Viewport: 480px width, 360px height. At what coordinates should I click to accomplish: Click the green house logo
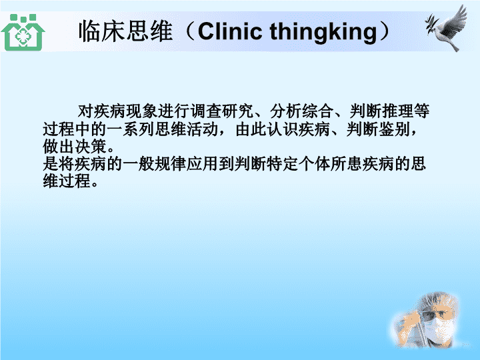click(23, 33)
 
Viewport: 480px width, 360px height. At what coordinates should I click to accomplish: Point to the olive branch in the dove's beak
click(431, 25)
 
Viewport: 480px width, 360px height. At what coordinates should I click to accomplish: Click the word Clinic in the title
click(229, 31)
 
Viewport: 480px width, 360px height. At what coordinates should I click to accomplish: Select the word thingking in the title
click(323, 33)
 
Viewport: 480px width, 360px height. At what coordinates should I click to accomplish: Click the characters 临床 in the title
click(102, 31)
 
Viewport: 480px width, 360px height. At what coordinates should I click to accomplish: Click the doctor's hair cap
click(441, 301)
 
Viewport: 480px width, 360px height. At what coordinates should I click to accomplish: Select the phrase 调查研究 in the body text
click(222, 111)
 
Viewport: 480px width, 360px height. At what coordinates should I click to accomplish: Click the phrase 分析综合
click(302, 111)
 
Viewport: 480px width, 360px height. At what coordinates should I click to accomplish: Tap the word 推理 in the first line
click(397, 111)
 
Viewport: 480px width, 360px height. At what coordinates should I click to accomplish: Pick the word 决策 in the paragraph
click(91, 147)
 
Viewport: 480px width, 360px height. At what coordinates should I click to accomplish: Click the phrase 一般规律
click(154, 164)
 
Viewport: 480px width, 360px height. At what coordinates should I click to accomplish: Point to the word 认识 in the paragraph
click(282, 129)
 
